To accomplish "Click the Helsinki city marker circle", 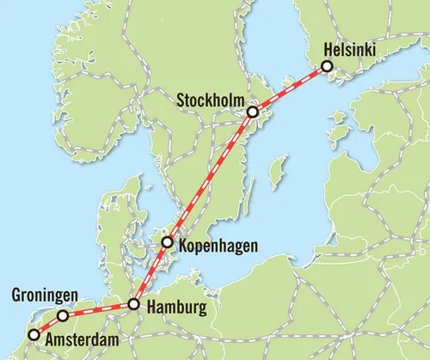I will (x=327, y=66).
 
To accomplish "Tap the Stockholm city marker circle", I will (x=252, y=112).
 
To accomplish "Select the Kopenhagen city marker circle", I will (x=167, y=244).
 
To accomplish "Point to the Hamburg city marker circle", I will (x=134, y=303).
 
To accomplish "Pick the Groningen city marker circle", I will (x=63, y=315).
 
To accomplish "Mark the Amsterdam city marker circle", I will (x=34, y=335).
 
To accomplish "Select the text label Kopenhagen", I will (x=218, y=245).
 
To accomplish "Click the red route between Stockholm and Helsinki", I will (x=290, y=88).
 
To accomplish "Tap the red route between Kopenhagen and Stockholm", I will (x=210, y=178).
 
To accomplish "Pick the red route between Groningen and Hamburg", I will (x=99, y=309).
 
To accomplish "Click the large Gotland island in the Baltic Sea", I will (x=276, y=172).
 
